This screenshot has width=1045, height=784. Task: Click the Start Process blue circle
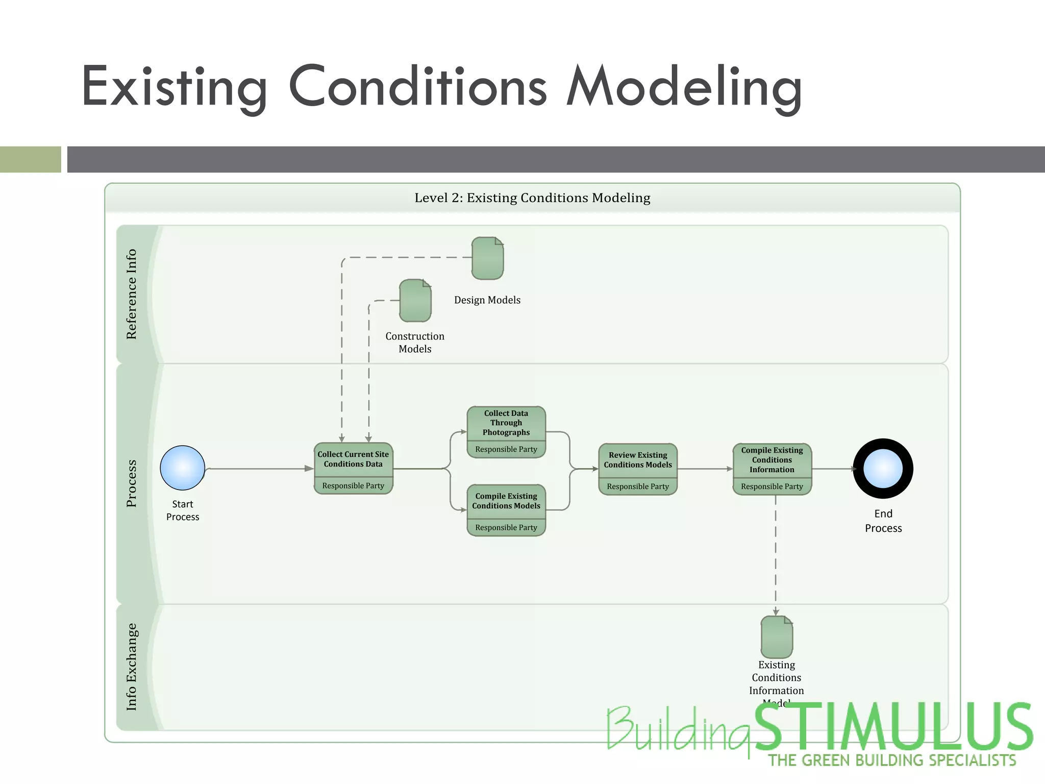pos(183,468)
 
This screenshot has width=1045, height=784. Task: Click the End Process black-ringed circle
pos(883,469)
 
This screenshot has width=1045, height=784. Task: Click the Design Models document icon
pos(487,258)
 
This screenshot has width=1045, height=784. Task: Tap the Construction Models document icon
pos(415,301)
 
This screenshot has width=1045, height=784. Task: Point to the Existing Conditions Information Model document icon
pos(777,637)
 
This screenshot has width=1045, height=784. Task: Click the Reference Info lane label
pos(132,295)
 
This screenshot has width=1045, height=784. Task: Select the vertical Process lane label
pos(132,483)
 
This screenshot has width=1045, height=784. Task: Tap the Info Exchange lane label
pos(132,667)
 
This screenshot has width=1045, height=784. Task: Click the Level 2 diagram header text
pos(532,198)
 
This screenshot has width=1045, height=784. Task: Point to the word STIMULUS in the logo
pos(893,727)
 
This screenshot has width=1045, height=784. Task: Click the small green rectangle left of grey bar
pos(30,159)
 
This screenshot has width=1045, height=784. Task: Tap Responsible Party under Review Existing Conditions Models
pos(638,487)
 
